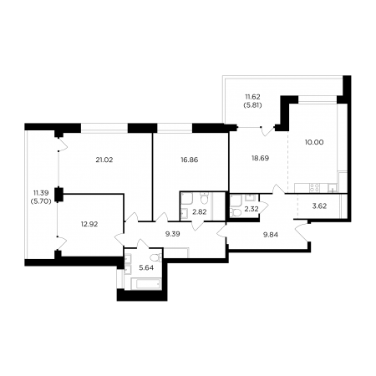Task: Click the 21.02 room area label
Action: tap(104, 160)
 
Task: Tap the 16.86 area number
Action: tap(190, 160)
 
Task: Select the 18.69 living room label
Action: tap(260, 158)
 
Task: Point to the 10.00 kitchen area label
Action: tap(314, 142)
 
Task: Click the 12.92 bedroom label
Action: tap(89, 224)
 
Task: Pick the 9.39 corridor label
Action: tap(173, 234)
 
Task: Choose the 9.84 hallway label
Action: tap(271, 235)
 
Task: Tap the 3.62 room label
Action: tap(319, 206)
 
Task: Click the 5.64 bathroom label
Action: tap(146, 268)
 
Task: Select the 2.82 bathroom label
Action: tap(200, 212)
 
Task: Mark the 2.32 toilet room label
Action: tap(252, 209)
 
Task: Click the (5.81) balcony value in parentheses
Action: tap(252, 105)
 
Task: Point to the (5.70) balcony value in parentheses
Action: tap(41, 201)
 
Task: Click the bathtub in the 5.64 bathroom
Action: tap(146, 283)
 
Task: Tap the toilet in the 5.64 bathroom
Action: tap(156, 257)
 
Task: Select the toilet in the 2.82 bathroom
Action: tap(205, 199)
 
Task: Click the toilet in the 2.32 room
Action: tap(236, 213)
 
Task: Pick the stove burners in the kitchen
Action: tap(315, 187)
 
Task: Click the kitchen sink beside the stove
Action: tap(333, 188)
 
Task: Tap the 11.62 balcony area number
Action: tap(252, 97)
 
